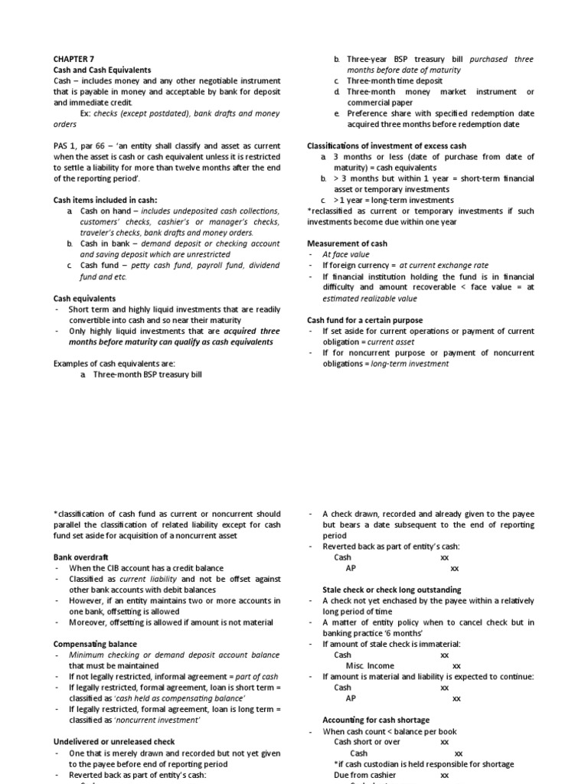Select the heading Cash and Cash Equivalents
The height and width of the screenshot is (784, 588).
tap(103, 70)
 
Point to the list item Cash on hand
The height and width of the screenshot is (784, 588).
tap(104, 211)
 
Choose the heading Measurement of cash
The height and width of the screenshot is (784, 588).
tap(347, 243)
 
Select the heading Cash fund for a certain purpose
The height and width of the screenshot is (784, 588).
tap(364, 320)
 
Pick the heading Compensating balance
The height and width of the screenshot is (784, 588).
tap(95, 645)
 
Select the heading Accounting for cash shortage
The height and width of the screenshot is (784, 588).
tap(376, 720)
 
